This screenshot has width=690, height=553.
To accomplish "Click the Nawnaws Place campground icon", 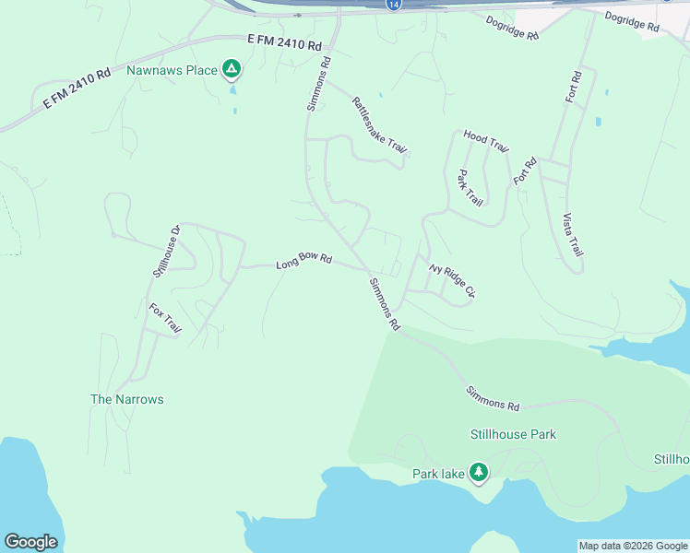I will [x=232, y=70].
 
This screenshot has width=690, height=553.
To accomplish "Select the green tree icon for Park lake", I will [x=478, y=474].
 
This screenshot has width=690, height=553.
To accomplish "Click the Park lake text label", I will [x=438, y=474].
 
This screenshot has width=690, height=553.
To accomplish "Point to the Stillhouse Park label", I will [x=513, y=434].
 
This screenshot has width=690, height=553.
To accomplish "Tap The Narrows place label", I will [x=126, y=399].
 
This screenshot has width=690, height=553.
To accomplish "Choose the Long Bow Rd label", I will [x=303, y=262].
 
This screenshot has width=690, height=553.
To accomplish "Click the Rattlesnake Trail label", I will [x=379, y=125].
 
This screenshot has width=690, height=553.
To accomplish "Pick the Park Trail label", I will [x=470, y=188].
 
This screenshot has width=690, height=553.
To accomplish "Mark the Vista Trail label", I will [x=573, y=235].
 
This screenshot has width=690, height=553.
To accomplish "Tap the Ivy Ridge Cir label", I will [x=452, y=280].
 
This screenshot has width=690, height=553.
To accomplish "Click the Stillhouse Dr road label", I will [x=164, y=251].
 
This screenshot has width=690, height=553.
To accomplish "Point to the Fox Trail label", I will [x=165, y=318].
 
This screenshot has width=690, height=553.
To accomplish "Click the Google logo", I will [x=30, y=542].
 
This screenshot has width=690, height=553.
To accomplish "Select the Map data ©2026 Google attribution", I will [x=632, y=546].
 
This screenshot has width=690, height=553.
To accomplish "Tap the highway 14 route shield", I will [x=394, y=5].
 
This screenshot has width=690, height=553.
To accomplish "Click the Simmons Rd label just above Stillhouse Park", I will [x=493, y=399].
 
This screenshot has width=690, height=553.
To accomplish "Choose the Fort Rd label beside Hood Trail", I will [x=525, y=170].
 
